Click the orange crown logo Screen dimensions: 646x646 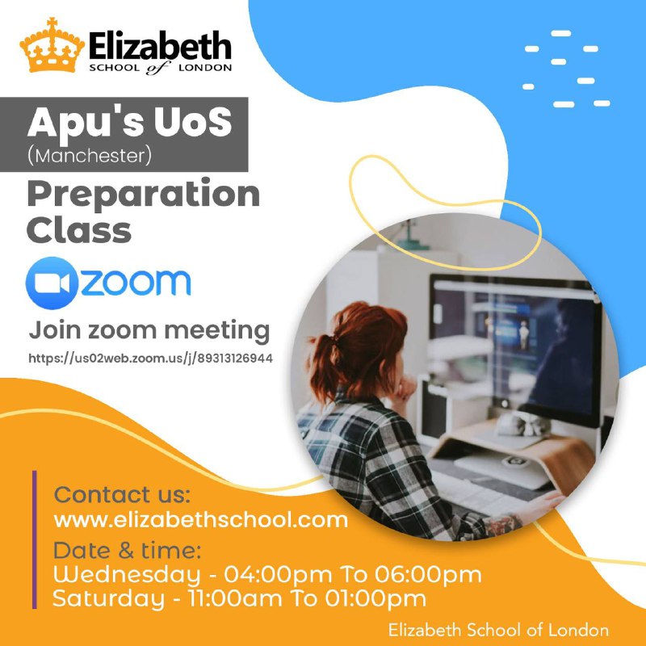pyautogui.click(x=52, y=45)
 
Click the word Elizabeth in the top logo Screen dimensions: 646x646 pyautogui.click(x=160, y=46)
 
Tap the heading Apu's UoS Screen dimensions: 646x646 pyautogui.click(x=130, y=122)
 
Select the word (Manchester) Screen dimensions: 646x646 pyautogui.click(x=90, y=156)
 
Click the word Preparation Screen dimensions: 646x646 pyautogui.click(x=144, y=195)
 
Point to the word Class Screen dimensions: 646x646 pyautogui.click(x=79, y=230)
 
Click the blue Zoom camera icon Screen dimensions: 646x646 pyautogui.click(x=52, y=283)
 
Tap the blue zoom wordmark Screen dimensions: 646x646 pyautogui.click(x=136, y=283)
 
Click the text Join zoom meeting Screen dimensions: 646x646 pyautogui.click(x=149, y=331)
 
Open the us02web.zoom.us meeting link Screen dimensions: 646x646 pyautogui.click(x=150, y=358)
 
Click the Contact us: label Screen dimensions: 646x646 pyautogui.click(x=122, y=494)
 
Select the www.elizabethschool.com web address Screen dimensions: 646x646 pyautogui.click(x=200, y=520)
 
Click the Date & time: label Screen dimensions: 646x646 pyautogui.click(x=128, y=551)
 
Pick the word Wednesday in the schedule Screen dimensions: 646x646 pyautogui.click(x=127, y=574)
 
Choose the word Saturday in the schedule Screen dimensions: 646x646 pyautogui.click(x=109, y=598)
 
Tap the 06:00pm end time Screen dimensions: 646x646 pyautogui.click(x=428, y=575)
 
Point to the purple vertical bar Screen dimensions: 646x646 pyautogui.click(x=35, y=539)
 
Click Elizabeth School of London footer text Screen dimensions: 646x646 pyautogui.click(x=498, y=631)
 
